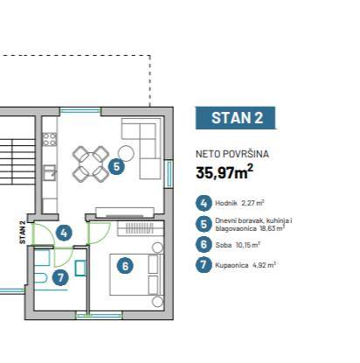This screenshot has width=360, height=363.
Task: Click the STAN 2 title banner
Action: click(x=235, y=118)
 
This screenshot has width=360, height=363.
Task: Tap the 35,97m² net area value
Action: click(x=225, y=172)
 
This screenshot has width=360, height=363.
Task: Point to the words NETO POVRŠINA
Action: click(x=232, y=154)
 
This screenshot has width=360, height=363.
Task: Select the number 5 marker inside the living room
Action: click(x=116, y=167)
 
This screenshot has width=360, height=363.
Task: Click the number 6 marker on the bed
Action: click(x=125, y=266)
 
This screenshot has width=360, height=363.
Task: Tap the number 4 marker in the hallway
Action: click(x=64, y=233)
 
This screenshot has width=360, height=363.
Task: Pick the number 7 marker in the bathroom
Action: click(x=60, y=277)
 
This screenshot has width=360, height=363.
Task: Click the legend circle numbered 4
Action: click(x=204, y=203)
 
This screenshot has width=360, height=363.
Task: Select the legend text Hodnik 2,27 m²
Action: click(x=239, y=203)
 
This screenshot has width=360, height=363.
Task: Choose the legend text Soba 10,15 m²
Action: click(x=238, y=245)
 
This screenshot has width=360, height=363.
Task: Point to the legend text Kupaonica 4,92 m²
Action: click(x=246, y=265)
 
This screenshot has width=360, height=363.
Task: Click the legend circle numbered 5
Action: click(x=204, y=224)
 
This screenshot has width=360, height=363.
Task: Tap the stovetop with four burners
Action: click(x=50, y=139)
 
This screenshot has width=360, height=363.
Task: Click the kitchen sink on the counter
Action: click(x=50, y=172)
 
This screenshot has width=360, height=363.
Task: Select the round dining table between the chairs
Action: click(x=91, y=164)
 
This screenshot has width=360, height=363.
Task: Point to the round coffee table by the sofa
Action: click(x=126, y=153)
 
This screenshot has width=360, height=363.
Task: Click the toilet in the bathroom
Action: click(x=40, y=278)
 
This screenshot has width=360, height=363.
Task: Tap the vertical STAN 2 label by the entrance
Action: click(x=23, y=233)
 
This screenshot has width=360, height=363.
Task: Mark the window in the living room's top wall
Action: click(x=80, y=110)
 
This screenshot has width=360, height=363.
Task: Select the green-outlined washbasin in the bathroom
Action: click(x=80, y=268)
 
